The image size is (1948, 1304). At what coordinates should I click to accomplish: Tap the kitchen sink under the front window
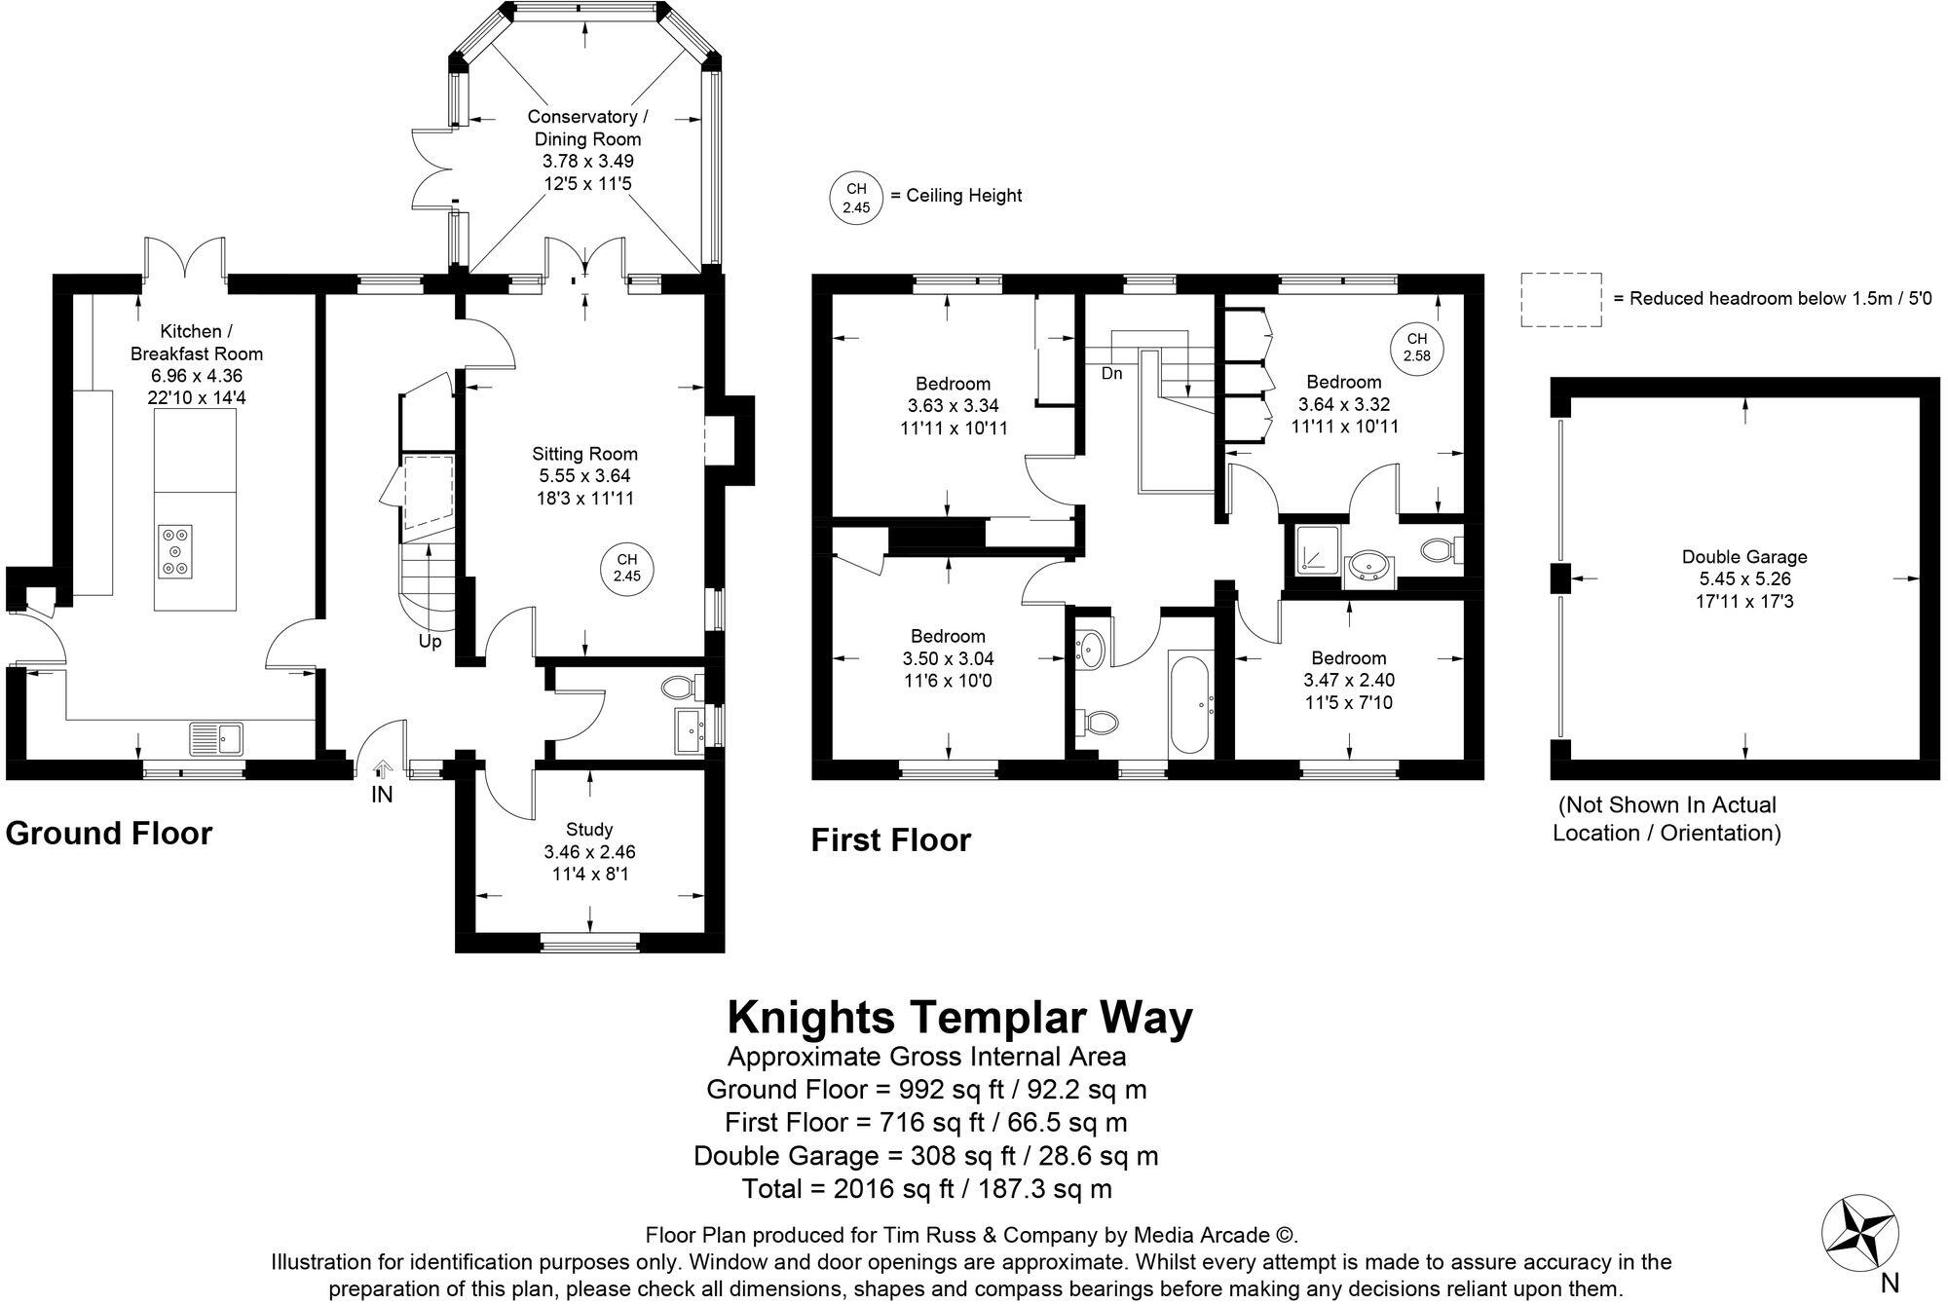click(x=216, y=737)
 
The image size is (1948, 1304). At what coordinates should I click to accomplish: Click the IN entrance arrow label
click(x=382, y=794)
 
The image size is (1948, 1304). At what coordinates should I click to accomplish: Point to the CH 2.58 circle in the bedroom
click(x=1416, y=348)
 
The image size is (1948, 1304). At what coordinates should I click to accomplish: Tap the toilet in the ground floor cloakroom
click(x=680, y=688)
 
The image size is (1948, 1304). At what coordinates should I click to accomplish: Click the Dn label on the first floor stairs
click(x=1111, y=373)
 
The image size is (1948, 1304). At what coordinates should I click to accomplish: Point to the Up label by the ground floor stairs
click(x=430, y=642)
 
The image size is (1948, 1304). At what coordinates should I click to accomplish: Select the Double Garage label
click(x=1744, y=578)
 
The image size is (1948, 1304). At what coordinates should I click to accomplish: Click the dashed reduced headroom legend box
click(x=1561, y=299)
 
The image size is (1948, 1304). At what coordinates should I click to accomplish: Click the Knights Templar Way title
click(x=959, y=1018)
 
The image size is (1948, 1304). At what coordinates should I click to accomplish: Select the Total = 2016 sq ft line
click(x=926, y=1188)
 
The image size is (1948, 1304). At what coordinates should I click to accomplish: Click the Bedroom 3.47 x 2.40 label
click(x=1348, y=680)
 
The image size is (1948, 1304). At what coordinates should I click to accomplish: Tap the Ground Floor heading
click(x=109, y=833)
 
